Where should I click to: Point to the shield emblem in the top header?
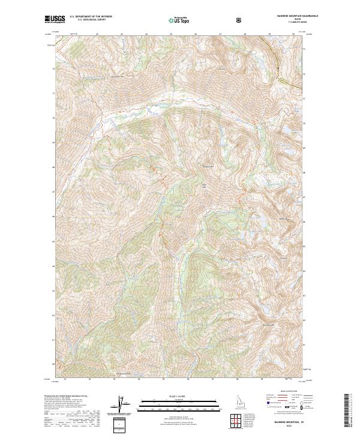[x=240, y=19]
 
